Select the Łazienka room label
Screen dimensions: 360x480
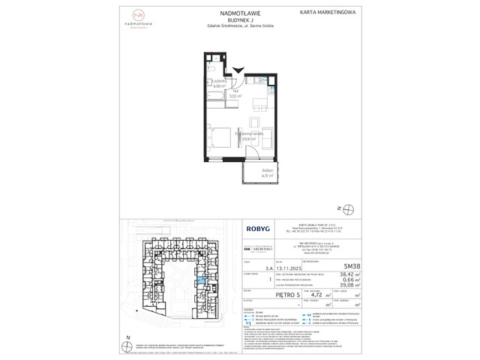(x=215, y=82)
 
